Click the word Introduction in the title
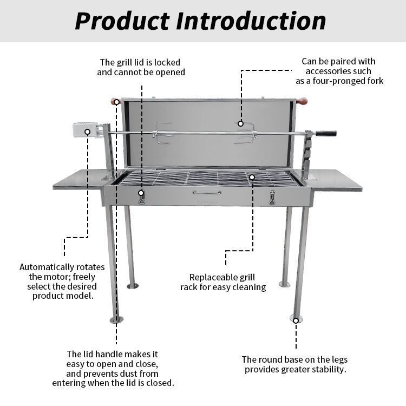(x=251, y=21)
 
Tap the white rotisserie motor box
(x=86, y=130)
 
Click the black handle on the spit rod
(x=326, y=134)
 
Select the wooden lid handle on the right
(x=302, y=101)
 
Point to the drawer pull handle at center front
(x=207, y=192)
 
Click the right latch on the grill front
(x=272, y=198)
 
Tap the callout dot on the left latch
(x=141, y=193)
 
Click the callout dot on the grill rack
(x=252, y=177)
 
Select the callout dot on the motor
(x=88, y=132)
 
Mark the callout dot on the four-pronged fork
(x=240, y=124)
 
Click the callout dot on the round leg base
(x=296, y=321)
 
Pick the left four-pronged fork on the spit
(x=162, y=133)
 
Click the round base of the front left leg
(x=116, y=320)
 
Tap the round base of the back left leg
(x=133, y=286)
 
